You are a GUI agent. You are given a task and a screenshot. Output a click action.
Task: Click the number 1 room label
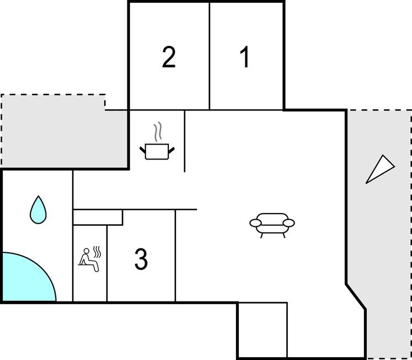click(245, 57)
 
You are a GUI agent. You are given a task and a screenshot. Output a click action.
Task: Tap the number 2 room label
click(169, 57)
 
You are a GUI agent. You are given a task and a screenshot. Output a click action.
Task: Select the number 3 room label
click(141, 260)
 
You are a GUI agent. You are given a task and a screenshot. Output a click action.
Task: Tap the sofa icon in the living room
click(272, 223)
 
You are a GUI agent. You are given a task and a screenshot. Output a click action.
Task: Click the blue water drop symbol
click(38, 210)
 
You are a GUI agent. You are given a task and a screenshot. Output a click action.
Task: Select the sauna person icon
click(89, 260)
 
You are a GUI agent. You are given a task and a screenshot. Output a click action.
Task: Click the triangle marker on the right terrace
click(380, 169)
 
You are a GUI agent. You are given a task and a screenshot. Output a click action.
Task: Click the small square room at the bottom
click(263, 330)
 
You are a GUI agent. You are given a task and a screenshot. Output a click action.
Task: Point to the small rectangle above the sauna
click(98, 217)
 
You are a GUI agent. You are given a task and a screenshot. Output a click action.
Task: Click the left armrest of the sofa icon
click(255, 223)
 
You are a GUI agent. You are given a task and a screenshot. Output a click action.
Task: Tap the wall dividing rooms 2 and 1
click(210, 55)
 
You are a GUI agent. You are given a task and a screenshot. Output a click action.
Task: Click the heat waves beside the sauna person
click(98, 252)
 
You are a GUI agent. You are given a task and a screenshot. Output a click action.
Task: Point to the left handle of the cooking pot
click(142, 149)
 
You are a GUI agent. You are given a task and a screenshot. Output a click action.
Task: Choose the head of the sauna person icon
click(85, 252)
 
